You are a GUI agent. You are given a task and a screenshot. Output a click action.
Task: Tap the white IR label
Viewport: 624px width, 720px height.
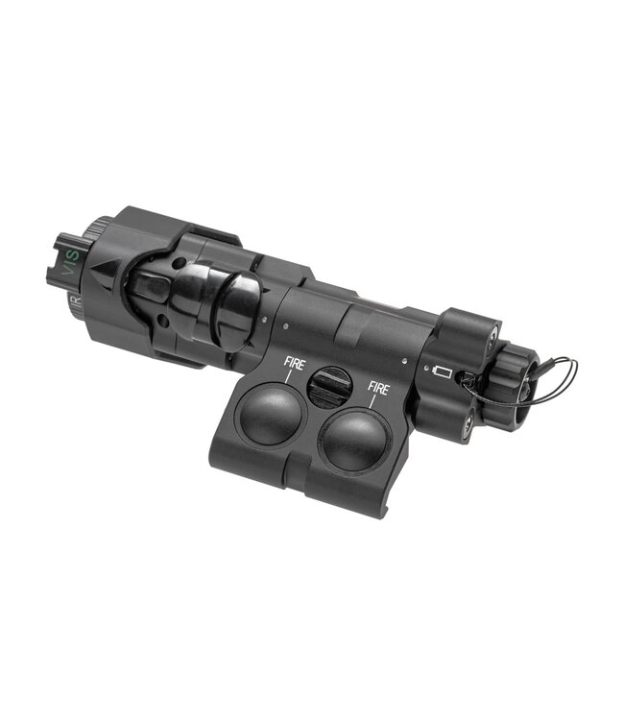77,305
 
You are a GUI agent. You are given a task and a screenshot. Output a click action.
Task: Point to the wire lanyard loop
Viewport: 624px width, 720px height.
552,384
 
